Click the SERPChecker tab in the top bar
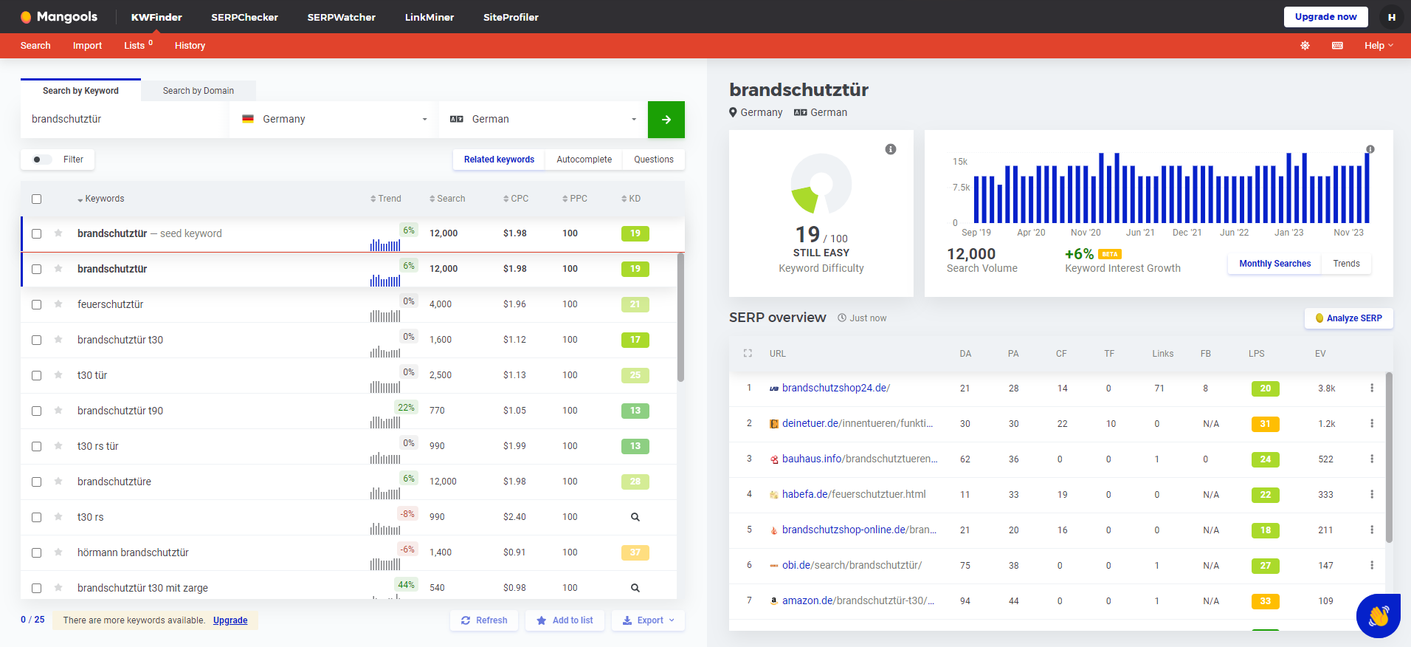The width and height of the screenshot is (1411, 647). [x=244, y=17]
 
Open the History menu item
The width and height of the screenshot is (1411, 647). [x=190, y=46]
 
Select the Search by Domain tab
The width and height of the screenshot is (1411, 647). [x=199, y=91]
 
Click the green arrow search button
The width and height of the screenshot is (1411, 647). [x=666, y=120]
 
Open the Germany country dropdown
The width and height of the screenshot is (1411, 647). [x=334, y=120]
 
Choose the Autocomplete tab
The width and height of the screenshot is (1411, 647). [x=584, y=160]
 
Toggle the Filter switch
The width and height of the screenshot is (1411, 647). [x=42, y=160]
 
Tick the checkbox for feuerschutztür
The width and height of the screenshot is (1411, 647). [x=37, y=304]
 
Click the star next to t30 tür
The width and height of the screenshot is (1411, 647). [x=58, y=375]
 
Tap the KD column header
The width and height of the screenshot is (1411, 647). [x=631, y=199]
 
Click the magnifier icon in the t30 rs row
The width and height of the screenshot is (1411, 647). [x=635, y=517]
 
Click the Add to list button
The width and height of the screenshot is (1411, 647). [x=565, y=620]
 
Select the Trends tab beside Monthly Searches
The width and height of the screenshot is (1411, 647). [x=1346, y=264]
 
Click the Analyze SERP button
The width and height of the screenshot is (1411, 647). [x=1349, y=318]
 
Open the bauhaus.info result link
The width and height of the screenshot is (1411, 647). [x=860, y=459]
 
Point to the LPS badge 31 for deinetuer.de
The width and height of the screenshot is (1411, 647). [x=1266, y=424]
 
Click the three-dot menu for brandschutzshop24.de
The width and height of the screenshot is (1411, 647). [x=1372, y=388]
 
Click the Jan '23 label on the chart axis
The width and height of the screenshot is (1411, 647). [x=1289, y=233]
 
